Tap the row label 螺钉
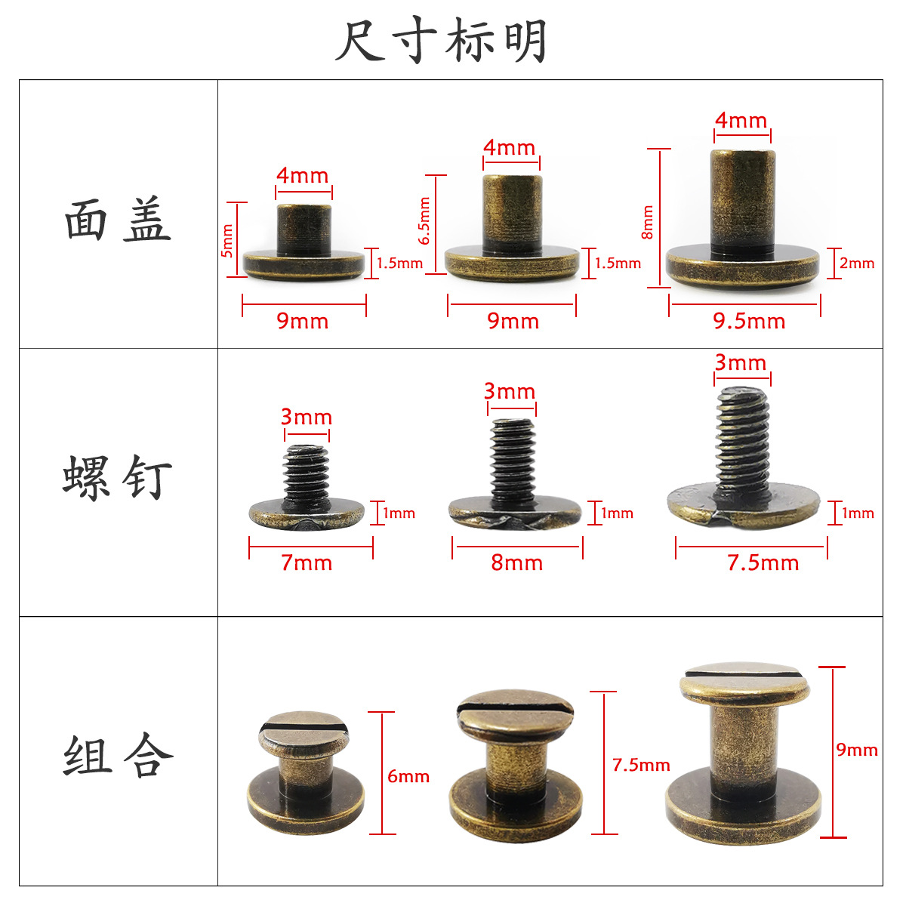pyautogui.click(x=118, y=477)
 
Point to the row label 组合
pyautogui.click(x=118, y=756)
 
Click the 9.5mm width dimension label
pyautogui.click(x=749, y=322)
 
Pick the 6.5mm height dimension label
pyautogui.click(x=425, y=220)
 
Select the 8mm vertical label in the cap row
pyautogui.click(x=648, y=223)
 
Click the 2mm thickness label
pyautogui.click(x=857, y=263)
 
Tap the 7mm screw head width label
pyautogui.click(x=307, y=563)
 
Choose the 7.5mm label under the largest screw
pyautogui.click(x=763, y=563)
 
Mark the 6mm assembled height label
pyautogui.click(x=408, y=776)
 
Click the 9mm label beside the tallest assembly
pyautogui.click(x=857, y=750)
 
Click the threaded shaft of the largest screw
pyautogui.click(x=742, y=442)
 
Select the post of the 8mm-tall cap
pyautogui.click(x=742, y=200)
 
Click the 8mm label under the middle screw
pyautogui.click(x=516, y=563)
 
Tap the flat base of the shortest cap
pyautogui.click(x=304, y=264)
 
